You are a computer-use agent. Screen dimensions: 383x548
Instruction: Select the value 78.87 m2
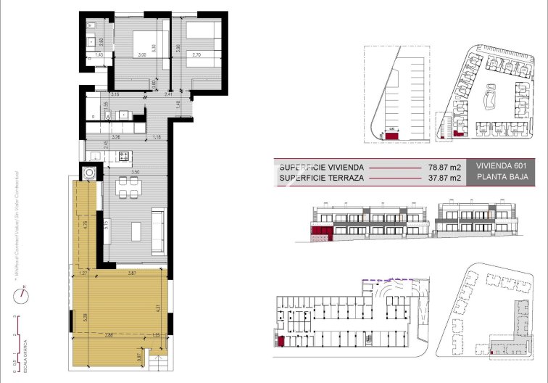pyautogui.click(x=445, y=166)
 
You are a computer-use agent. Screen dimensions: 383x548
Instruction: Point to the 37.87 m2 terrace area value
pyautogui.click(x=445, y=177)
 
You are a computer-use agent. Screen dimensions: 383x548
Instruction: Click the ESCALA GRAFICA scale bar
pyautogui.click(x=20, y=341)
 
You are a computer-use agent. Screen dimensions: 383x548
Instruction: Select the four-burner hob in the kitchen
pyautogui.click(x=123, y=155)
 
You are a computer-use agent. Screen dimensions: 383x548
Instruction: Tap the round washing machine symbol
pyautogui.click(x=90, y=173)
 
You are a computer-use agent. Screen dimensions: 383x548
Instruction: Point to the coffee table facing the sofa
pyautogui.click(x=137, y=231)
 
